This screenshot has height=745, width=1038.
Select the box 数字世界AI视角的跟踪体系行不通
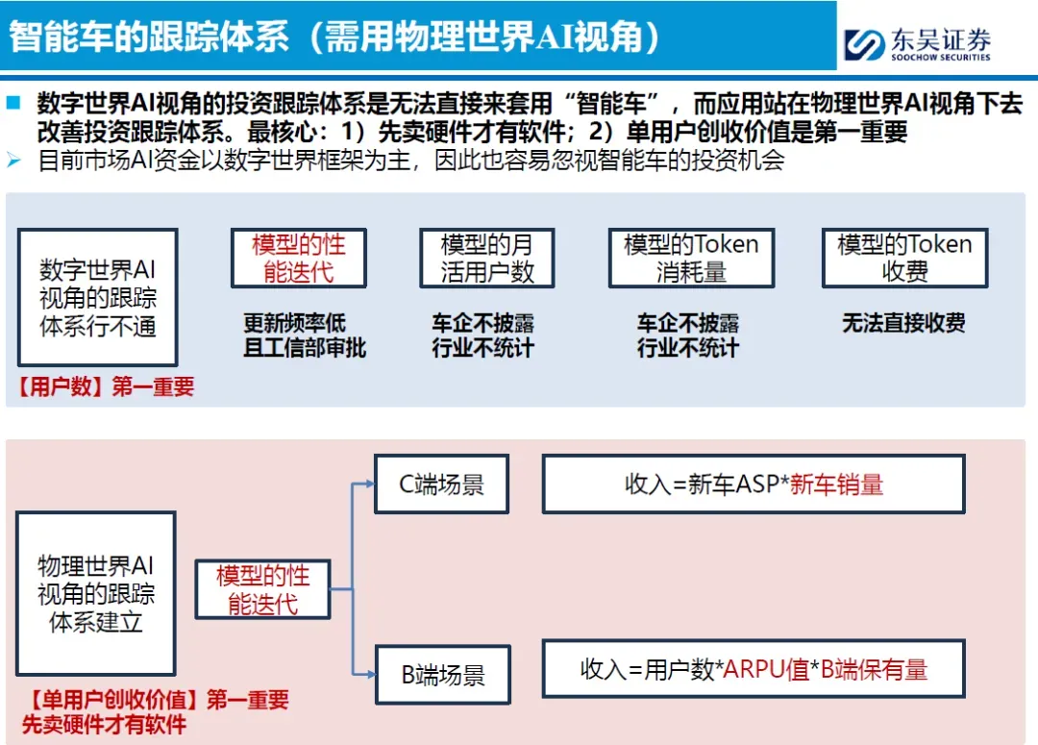click(x=98, y=297)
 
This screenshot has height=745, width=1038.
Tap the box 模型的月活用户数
click(x=486, y=258)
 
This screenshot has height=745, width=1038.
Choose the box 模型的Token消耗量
click(x=691, y=258)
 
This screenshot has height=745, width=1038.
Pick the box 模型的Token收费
click(x=904, y=258)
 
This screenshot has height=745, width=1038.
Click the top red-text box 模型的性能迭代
click(x=298, y=258)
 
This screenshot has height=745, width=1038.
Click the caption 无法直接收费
click(x=903, y=324)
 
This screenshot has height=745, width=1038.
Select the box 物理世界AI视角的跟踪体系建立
click(x=96, y=593)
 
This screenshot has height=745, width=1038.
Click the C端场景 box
click(x=442, y=484)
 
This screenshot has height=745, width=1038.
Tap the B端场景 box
click(x=442, y=674)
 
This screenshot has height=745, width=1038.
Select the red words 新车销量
click(x=836, y=484)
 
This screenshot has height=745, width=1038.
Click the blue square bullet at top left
click(x=13, y=103)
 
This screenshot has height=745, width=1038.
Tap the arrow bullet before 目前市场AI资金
click(x=13, y=160)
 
